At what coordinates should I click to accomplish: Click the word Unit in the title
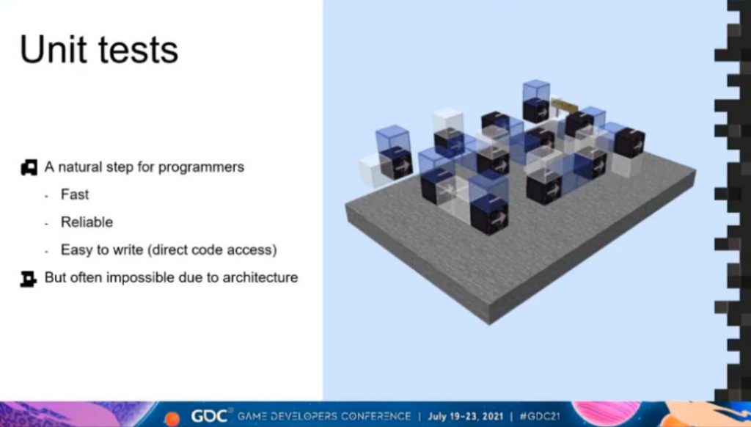click(53, 49)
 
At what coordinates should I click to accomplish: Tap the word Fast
click(75, 194)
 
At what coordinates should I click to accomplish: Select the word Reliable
click(87, 222)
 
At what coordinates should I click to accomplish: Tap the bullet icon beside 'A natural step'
click(29, 167)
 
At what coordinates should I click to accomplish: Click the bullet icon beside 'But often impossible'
click(29, 279)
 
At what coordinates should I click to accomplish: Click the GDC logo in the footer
click(209, 416)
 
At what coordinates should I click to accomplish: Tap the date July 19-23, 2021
click(466, 416)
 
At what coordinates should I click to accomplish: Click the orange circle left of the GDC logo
click(172, 418)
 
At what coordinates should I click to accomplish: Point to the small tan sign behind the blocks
click(564, 105)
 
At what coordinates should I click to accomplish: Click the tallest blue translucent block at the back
click(536, 90)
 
